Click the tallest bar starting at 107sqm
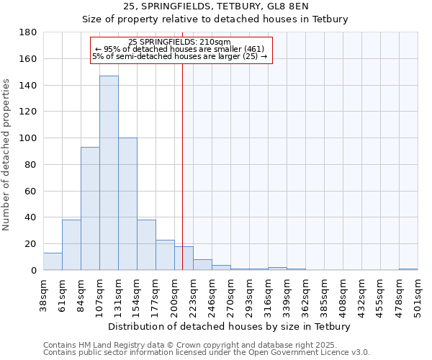109,173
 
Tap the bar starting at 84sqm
90,209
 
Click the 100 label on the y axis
29,138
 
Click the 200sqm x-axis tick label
175,295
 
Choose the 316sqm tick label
269,295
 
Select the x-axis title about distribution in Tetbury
230,326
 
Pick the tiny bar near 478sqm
408,269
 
